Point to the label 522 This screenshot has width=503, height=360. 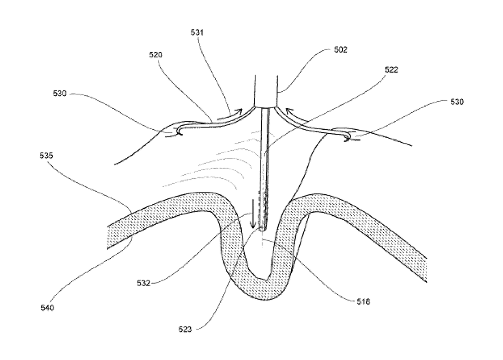392,69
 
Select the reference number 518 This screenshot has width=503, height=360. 363,302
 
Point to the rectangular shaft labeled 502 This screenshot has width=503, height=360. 265,90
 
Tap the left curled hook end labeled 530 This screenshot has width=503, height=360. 178,130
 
